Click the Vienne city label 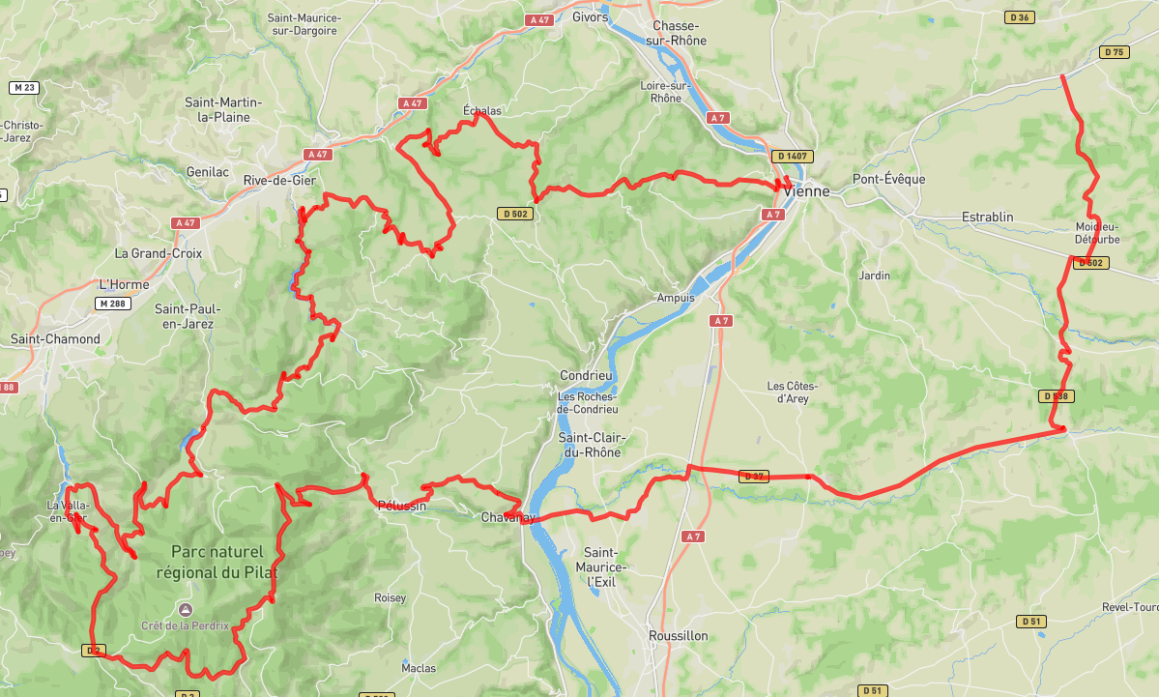tap(806, 191)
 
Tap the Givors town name tap(591, 16)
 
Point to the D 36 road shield tap(1019, 17)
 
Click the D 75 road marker tap(1115, 52)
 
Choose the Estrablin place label tap(988, 217)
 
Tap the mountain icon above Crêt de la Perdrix tap(185, 609)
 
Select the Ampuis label tap(675, 298)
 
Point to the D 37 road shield tap(754, 476)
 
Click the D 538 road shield tap(1057, 396)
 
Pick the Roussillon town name tap(678, 635)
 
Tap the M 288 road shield tap(112, 304)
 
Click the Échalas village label tap(482, 111)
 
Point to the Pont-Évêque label tap(888, 179)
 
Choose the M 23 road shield tap(23, 88)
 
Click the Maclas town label tap(419, 668)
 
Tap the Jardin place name tap(874, 276)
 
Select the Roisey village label tap(390, 598)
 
